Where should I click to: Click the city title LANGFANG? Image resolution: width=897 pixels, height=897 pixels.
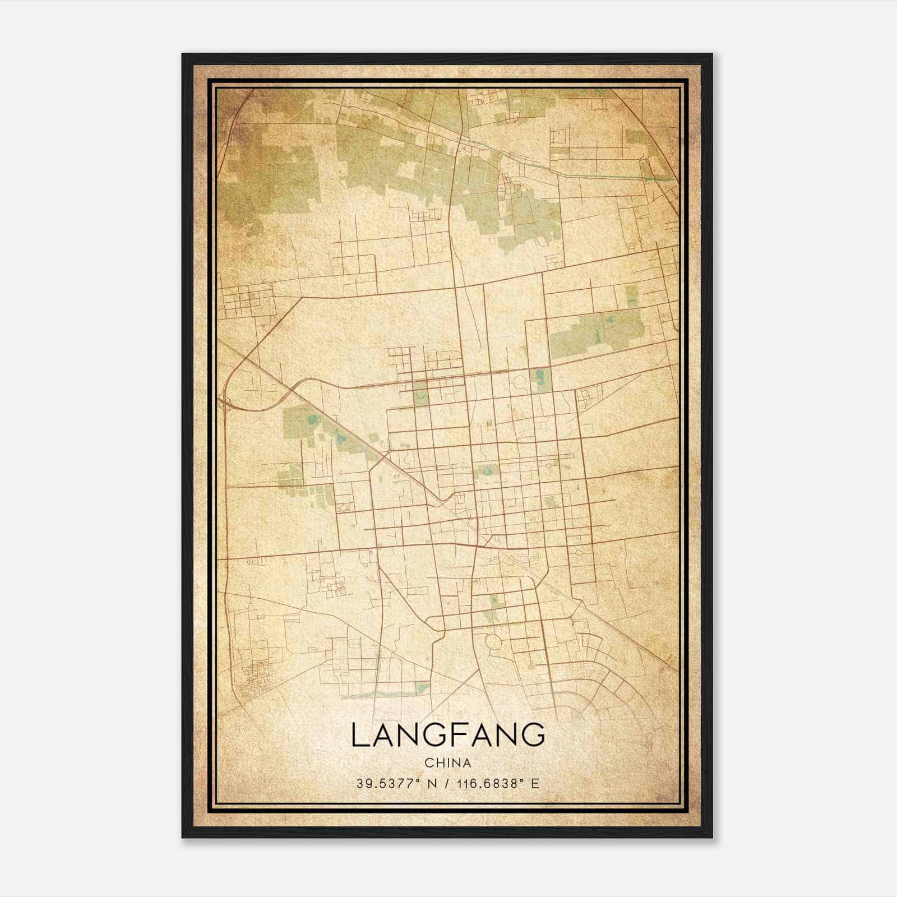[x=448, y=735]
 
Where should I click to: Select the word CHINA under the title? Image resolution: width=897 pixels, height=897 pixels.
[x=448, y=763]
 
